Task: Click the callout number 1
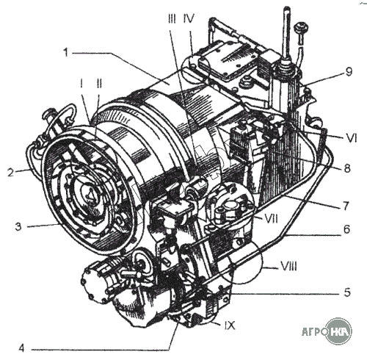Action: pos(65,52)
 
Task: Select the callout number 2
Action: pos(10,173)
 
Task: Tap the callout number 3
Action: pos(18,226)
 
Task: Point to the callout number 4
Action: pos(21,348)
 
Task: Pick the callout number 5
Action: pos(347,292)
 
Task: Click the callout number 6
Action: pos(347,229)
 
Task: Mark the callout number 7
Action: pos(346,206)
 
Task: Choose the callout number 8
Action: pos(347,168)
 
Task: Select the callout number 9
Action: pos(349,71)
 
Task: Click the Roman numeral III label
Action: pos(172,18)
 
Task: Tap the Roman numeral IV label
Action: pos(189,18)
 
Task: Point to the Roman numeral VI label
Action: pos(352,138)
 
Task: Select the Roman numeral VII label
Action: pos(270,219)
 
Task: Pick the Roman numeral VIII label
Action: pos(288,266)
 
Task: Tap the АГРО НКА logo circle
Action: pos(339,331)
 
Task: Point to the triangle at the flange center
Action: pos(90,195)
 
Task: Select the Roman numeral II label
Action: pos(99,84)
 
